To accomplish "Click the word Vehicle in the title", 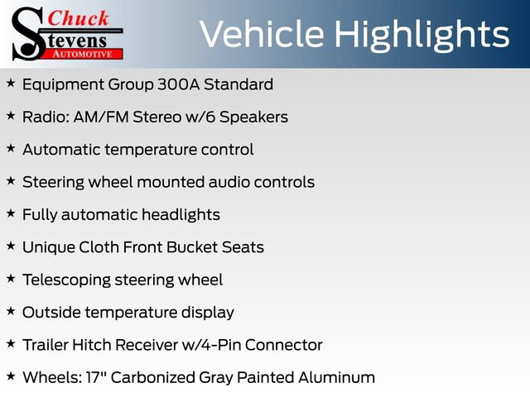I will [x=253, y=34].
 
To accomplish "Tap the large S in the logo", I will [x=26, y=33].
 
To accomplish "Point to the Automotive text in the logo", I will [x=83, y=53].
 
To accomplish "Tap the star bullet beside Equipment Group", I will [x=10, y=84].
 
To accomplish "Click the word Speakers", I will [x=253, y=117].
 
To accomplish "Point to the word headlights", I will [x=180, y=215].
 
